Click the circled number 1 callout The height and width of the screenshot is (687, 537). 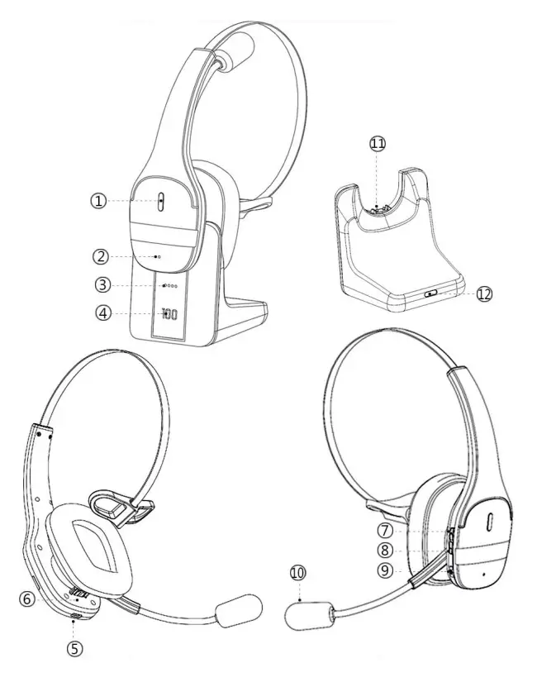tap(98, 201)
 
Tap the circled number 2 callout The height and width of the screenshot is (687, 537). tap(101, 256)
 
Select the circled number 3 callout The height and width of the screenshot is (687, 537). tap(102, 285)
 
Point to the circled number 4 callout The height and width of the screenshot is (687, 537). tap(104, 313)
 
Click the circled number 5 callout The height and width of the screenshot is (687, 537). tap(74, 649)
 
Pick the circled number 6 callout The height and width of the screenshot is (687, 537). tap(26, 599)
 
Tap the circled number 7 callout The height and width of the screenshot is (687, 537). tap(385, 531)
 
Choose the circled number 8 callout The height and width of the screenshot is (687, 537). tap(385, 551)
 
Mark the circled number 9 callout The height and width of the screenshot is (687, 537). tap(385, 570)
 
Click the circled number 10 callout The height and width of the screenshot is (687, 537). tap(298, 574)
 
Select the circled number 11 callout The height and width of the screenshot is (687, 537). tap(378, 143)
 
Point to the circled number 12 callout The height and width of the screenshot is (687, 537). tap(484, 294)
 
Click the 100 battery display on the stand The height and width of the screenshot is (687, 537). tap(169, 313)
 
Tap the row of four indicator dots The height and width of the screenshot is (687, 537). tap(170, 286)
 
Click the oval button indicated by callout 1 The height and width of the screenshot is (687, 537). tap(161, 202)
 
